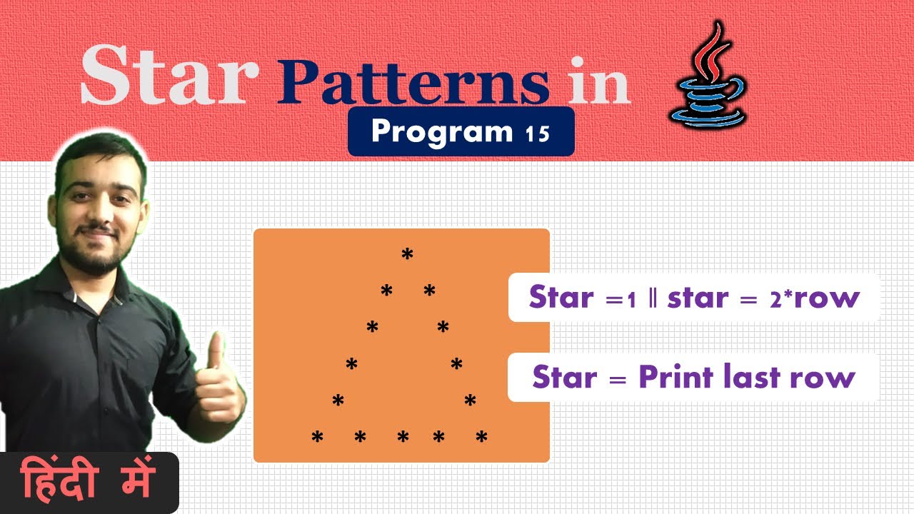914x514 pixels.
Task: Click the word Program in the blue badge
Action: click(442, 133)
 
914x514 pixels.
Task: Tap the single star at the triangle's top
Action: click(407, 254)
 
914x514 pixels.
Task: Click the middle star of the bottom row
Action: click(403, 437)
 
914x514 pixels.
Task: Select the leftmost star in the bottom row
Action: click(317, 437)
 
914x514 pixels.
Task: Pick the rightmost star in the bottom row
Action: click(482, 437)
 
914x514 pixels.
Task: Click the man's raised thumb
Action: click(215, 350)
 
